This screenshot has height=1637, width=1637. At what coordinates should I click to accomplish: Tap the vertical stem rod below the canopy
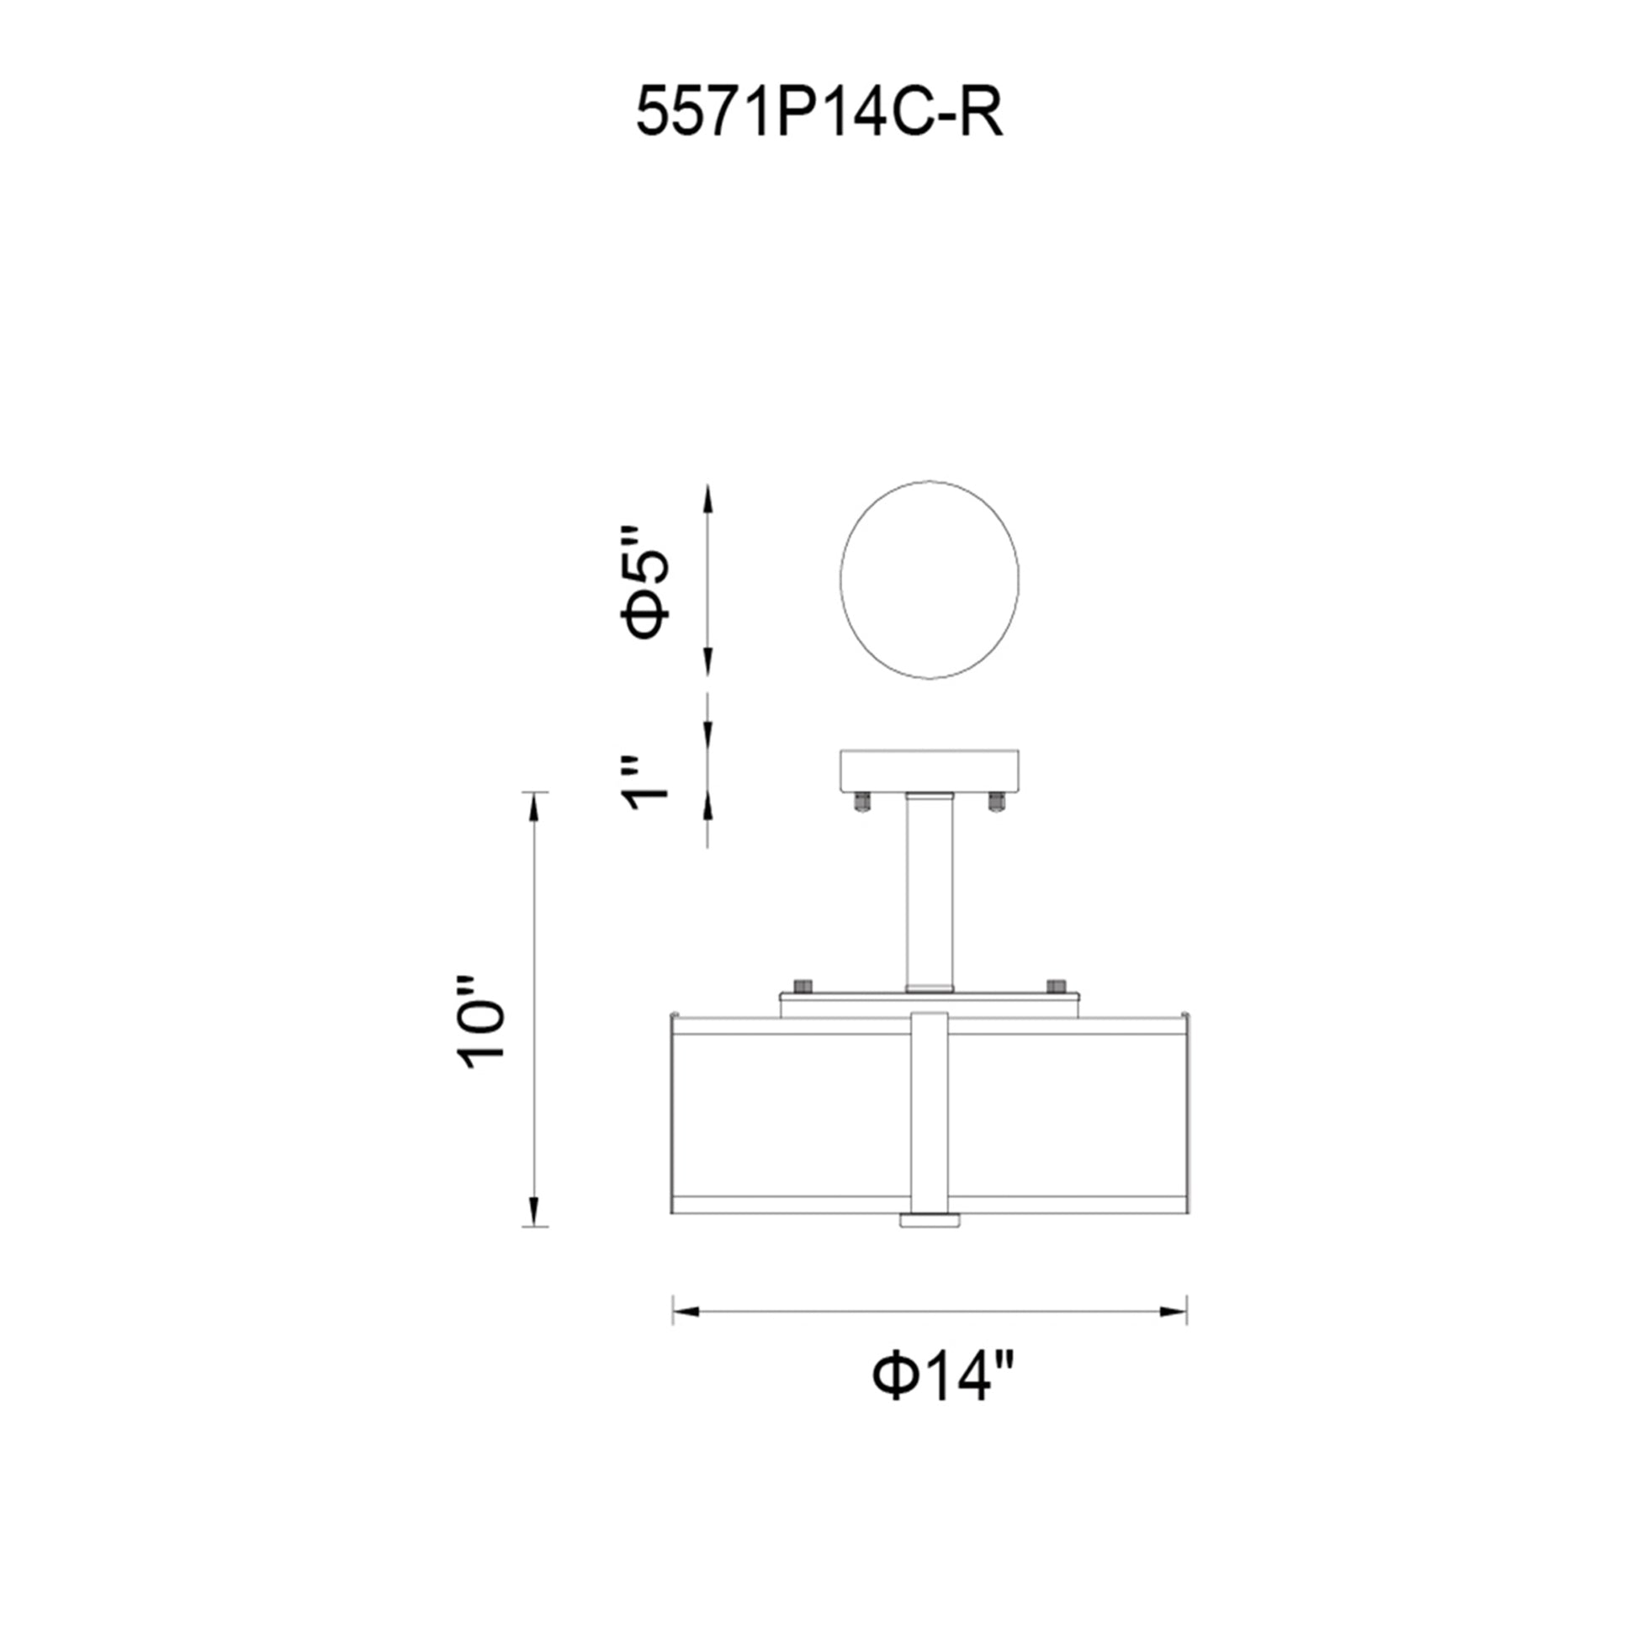[929, 893]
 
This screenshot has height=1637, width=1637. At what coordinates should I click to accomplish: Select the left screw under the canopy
[861, 802]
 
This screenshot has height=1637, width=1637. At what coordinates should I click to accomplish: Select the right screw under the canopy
[996, 802]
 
